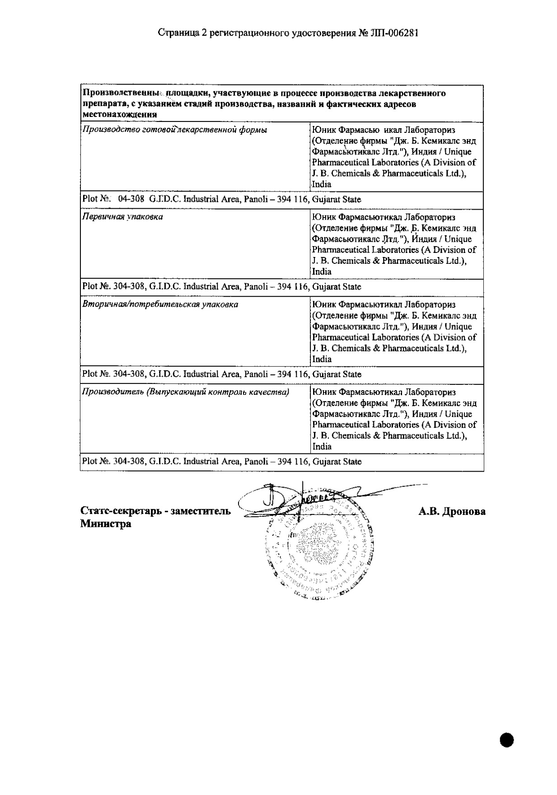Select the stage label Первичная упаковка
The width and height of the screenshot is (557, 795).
[122, 217]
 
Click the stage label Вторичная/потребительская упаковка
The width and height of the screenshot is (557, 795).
[160, 304]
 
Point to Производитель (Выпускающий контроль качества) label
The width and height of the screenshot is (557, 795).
[185, 392]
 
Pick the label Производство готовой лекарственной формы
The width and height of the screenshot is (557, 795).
[174, 130]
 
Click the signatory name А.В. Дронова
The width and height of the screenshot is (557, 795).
[452, 511]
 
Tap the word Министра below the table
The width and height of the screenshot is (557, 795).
[106, 524]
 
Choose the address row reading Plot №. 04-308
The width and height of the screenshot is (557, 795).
[221, 199]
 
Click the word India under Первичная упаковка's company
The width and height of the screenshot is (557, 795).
[322, 271]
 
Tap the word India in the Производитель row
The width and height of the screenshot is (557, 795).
[322, 447]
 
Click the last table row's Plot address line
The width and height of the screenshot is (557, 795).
[221, 462]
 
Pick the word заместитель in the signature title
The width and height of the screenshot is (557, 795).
[202, 511]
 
